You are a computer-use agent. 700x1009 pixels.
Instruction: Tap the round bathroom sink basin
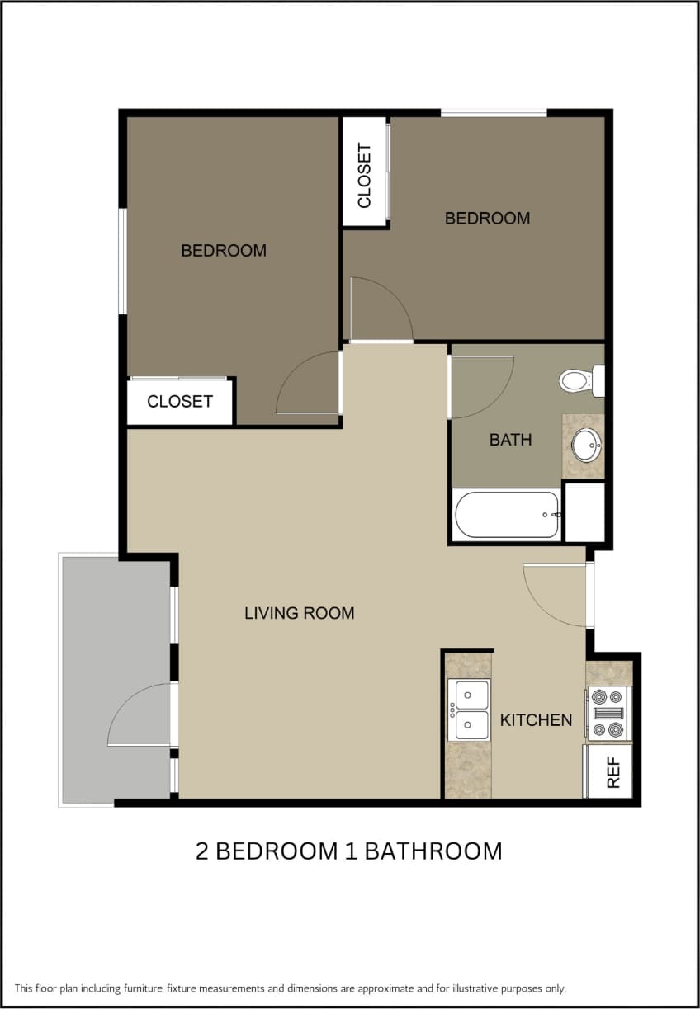(x=588, y=446)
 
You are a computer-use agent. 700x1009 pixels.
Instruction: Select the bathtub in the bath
(x=507, y=515)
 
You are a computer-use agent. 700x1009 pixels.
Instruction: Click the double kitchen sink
(x=469, y=710)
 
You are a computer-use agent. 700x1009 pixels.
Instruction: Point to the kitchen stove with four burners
(x=608, y=713)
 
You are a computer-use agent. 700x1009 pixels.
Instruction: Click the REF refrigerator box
(x=611, y=771)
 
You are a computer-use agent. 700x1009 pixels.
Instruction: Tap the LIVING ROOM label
(x=299, y=613)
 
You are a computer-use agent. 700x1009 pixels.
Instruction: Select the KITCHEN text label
(x=536, y=720)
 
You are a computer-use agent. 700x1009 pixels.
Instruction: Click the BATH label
(x=510, y=440)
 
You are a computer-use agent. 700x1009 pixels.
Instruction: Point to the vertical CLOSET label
(x=364, y=175)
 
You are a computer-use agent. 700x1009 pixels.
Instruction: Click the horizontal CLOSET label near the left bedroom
(x=180, y=402)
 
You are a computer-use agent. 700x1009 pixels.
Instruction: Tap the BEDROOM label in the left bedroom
(x=224, y=250)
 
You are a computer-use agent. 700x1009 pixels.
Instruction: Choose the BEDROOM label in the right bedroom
(x=487, y=218)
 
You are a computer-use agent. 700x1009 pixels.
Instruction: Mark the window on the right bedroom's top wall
(x=494, y=112)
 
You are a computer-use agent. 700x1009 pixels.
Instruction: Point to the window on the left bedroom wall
(x=122, y=261)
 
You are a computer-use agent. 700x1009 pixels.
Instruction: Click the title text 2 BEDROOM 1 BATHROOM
(x=348, y=851)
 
